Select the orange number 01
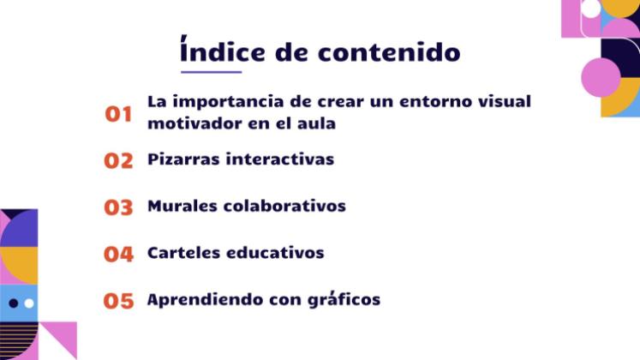(x=119, y=114)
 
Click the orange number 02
(x=119, y=160)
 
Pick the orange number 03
(x=119, y=207)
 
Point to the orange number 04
(x=119, y=255)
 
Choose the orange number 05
(x=119, y=302)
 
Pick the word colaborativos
(x=284, y=207)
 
